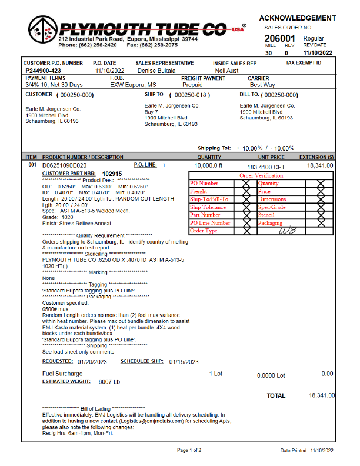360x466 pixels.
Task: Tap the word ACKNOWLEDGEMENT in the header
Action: tap(298, 18)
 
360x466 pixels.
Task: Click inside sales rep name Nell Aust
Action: tap(227, 70)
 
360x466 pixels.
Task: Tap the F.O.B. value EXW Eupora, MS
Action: tap(133, 85)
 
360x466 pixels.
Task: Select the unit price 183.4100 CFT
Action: tap(270, 167)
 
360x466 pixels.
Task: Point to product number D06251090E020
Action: tap(64, 165)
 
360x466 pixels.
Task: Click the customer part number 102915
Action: tap(112, 174)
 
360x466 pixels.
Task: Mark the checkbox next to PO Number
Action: tap(245, 184)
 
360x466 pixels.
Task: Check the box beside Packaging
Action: tap(321, 223)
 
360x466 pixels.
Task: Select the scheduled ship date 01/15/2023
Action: tap(182, 361)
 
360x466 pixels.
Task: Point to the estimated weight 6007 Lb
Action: tap(109, 381)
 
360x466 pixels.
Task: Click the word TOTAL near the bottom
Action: tap(276, 396)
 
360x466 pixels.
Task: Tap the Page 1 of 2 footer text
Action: tap(189, 450)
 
